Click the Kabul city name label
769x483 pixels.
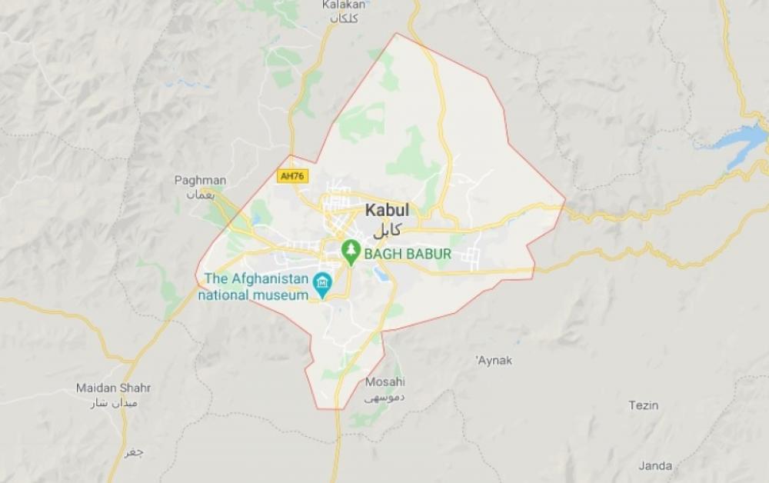point(387,210)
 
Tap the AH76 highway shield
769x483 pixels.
point(290,176)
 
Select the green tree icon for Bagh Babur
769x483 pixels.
point(351,251)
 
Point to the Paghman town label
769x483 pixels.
point(200,181)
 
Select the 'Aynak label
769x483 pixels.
point(494,360)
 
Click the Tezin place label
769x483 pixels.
point(643,405)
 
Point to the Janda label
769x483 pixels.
point(654,465)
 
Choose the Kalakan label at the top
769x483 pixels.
point(342,5)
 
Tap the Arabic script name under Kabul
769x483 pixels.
point(387,230)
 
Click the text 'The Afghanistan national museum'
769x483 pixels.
point(254,286)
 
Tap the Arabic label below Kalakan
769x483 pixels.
point(342,18)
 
